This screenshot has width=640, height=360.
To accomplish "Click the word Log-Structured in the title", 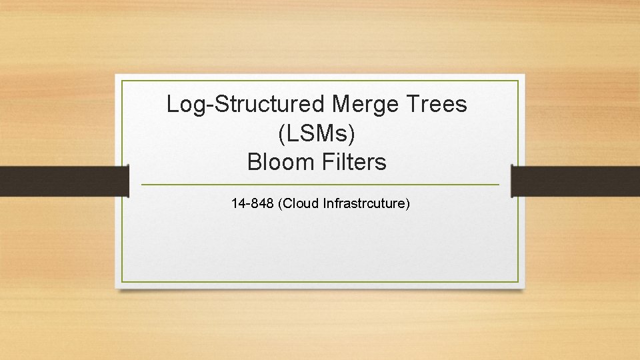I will tap(246, 104).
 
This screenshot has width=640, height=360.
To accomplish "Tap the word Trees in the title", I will tap(443, 104).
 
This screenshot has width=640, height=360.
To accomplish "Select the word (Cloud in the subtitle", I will tap(299, 203).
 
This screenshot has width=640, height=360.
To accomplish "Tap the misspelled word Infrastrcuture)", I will tap(366, 203).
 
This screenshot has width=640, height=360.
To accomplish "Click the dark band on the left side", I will tap(63, 181).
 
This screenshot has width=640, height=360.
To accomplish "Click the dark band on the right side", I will tap(575, 181).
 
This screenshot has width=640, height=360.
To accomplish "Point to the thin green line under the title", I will tap(320, 184).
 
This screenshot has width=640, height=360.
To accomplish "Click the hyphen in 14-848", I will tap(249, 203).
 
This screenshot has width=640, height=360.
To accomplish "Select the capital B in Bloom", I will tap(254, 162).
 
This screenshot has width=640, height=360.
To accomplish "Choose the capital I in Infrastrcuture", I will tap(325, 203).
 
